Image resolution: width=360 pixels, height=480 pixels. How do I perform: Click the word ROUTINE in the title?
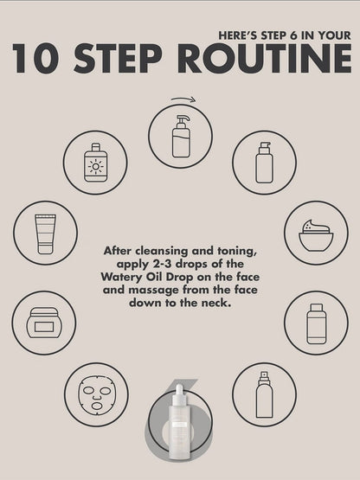[x=265, y=58]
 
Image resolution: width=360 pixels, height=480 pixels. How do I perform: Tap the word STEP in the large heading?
[x=118, y=58]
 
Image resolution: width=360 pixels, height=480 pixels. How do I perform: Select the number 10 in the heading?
[x=35, y=58]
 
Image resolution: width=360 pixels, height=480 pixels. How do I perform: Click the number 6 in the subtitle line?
[x=293, y=35]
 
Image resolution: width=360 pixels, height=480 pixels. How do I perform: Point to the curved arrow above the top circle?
[x=183, y=99]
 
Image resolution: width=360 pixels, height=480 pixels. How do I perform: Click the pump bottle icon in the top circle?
[x=181, y=137]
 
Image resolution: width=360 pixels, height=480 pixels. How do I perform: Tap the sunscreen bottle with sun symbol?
[x=95, y=163]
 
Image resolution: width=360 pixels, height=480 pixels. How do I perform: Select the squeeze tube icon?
[x=45, y=234]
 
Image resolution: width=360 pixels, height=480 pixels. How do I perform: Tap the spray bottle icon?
[x=264, y=394]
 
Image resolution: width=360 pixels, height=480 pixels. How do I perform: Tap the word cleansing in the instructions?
[x=162, y=251]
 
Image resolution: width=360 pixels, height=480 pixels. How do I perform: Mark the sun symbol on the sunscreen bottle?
[x=95, y=166]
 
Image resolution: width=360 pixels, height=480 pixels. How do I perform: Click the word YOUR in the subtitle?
[x=334, y=35]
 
